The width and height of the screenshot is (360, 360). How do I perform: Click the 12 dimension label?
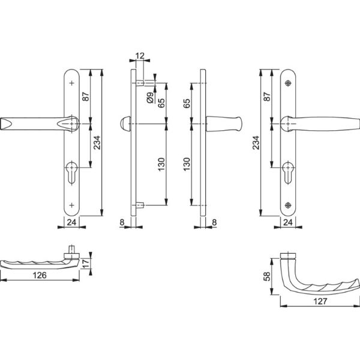[x=140, y=56]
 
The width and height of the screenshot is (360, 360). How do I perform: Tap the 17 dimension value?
[x=88, y=262]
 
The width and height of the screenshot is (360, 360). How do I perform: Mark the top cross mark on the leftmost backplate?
[x=73, y=84]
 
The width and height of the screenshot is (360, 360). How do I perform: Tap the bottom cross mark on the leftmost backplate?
[x=73, y=206]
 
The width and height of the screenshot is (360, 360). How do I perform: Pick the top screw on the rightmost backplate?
[x=289, y=83]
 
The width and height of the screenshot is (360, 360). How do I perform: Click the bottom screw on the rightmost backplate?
[x=289, y=206]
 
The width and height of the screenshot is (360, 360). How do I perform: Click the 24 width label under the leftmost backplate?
[x=71, y=223]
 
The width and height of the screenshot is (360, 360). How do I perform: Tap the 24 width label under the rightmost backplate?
[x=289, y=223]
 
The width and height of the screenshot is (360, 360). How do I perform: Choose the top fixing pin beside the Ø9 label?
[x=140, y=82]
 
